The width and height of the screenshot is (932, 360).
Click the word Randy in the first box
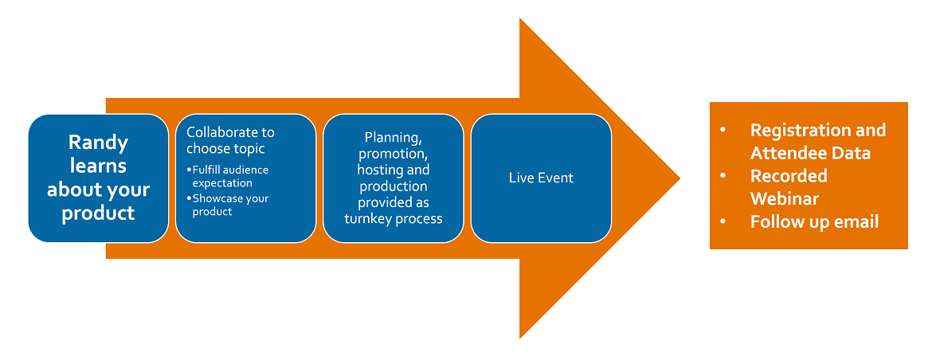[x=98, y=143]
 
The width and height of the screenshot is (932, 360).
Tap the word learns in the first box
[x=98, y=166]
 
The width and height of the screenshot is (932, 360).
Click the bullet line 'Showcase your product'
[x=227, y=205]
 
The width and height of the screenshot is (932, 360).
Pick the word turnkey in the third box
[x=364, y=218]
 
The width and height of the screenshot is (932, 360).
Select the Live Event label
[x=541, y=178]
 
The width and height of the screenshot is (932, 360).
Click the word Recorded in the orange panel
[x=789, y=177]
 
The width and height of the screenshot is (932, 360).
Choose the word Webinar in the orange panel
[x=784, y=199]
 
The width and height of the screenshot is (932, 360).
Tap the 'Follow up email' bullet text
[x=814, y=223]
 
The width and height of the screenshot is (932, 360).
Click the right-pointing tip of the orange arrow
[x=680, y=178]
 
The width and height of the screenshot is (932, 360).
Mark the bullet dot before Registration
[x=722, y=131]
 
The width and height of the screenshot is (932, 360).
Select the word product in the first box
[x=98, y=213]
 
